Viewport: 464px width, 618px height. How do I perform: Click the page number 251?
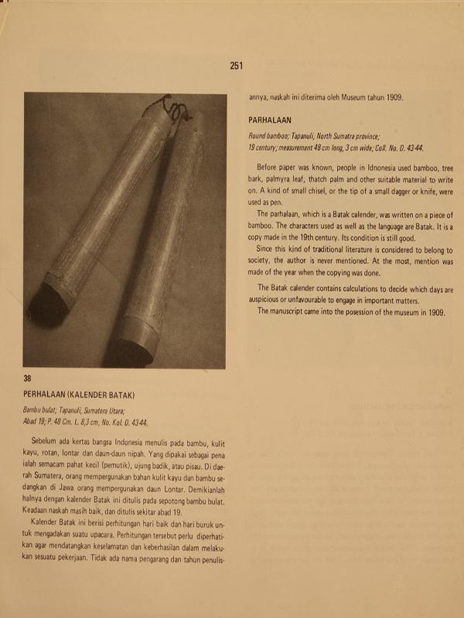(237, 66)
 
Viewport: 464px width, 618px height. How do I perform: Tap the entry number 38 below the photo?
(27, 379)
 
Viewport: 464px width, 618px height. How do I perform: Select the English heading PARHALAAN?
(269, 121)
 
